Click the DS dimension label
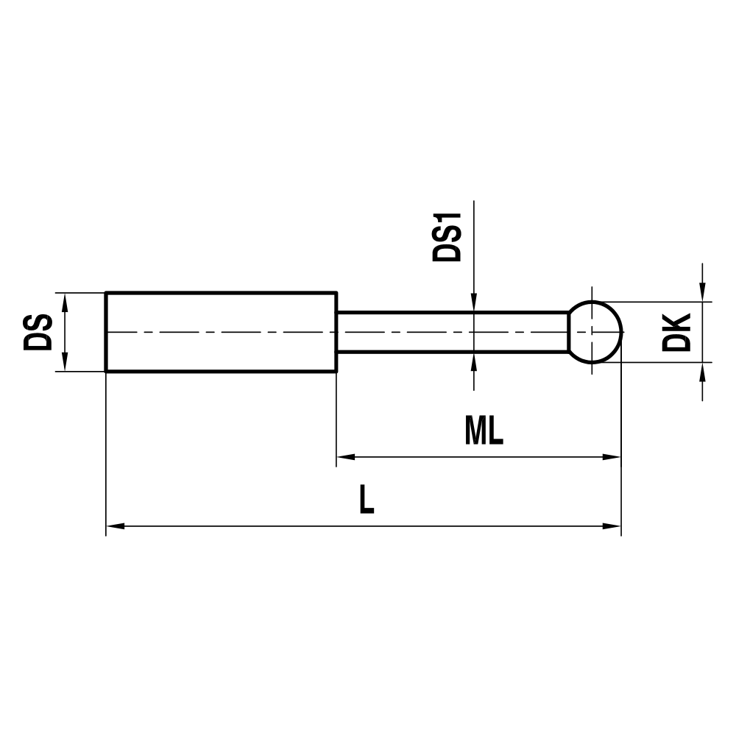tap(38, 332)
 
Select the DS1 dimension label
tap(447, 237)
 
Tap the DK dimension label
tap(676, 332)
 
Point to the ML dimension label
tap(484, 431)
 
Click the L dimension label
tap(366, 501)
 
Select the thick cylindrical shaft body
tap(221, 332)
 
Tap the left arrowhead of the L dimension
tap(116, 526)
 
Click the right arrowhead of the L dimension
tap(612, 526)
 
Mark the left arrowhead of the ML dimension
tap(346, 456)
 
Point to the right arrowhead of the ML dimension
tap(612, 456)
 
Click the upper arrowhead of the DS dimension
tap(65, 302)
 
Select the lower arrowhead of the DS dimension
tap(65, 363)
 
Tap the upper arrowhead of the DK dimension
tap(703, 292)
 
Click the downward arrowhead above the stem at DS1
tap(475, 303)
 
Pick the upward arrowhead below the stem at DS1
tap(475, 361)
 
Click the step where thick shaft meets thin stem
tap(337, 332)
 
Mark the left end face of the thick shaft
tap(107, 332)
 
